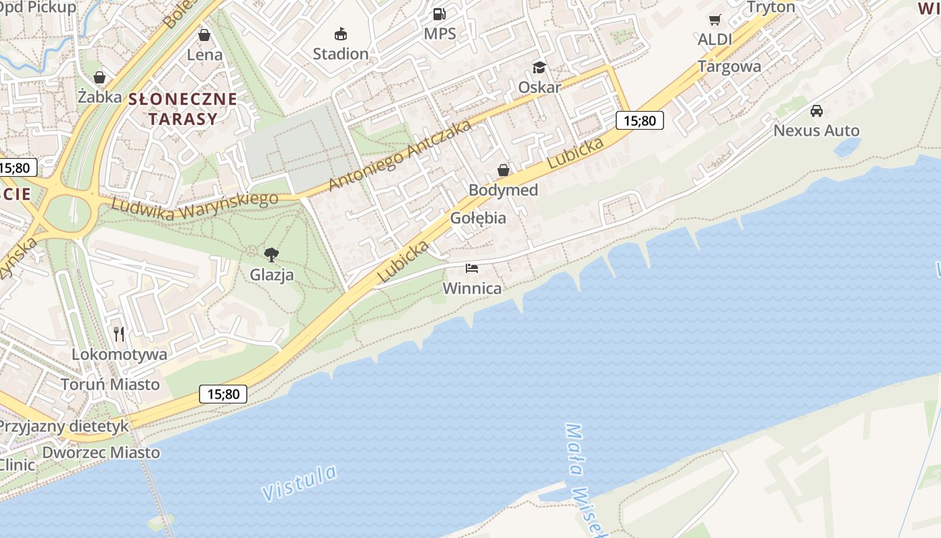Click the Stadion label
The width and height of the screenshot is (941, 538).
click(x=341, y=54)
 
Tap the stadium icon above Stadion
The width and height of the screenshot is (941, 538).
click(x=341, y=34)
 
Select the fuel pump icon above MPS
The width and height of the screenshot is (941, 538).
click(x=440, y=13)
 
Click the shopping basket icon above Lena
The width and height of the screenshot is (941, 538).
click(x=204, y=35)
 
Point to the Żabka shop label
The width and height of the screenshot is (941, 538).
click(x=99, y=97)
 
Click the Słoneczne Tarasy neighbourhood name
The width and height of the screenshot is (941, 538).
click(x=183, y=109)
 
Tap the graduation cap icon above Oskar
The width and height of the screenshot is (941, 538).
click(x=539, y=67)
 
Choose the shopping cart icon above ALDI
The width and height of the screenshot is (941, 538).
click(x=714, y=20)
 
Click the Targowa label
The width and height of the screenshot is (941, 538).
click(x=729, y=67)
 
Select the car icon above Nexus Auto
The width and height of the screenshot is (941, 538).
click(x=817, y=111)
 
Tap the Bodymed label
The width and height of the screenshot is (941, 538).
click(x=503, y=190)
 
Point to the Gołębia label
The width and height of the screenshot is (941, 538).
click(x=478, y=218)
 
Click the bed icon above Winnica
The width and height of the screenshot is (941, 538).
click(x=472, y=268)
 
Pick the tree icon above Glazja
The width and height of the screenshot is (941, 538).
click(x=272, y=255)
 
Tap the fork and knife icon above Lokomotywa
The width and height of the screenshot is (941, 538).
click(x=119, y=334)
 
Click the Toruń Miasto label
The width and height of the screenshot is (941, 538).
click(x=110, y=385)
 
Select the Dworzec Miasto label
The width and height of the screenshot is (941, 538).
click(x=101, y=453)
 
